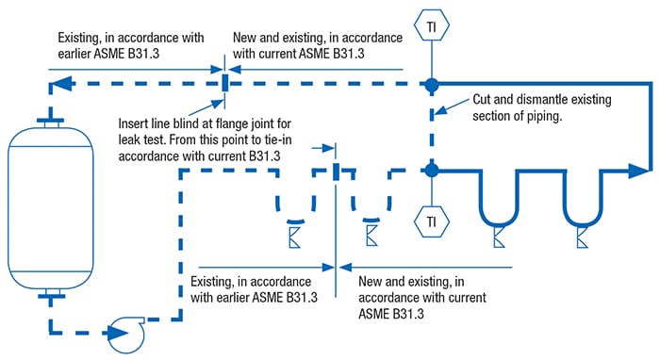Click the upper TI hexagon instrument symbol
431,22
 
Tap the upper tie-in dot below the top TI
431,84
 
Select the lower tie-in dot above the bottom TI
431,171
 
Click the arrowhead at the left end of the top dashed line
59,85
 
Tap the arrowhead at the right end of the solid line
644,171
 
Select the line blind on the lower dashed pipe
336,171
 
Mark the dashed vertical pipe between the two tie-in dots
431,127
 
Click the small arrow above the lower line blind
326,148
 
